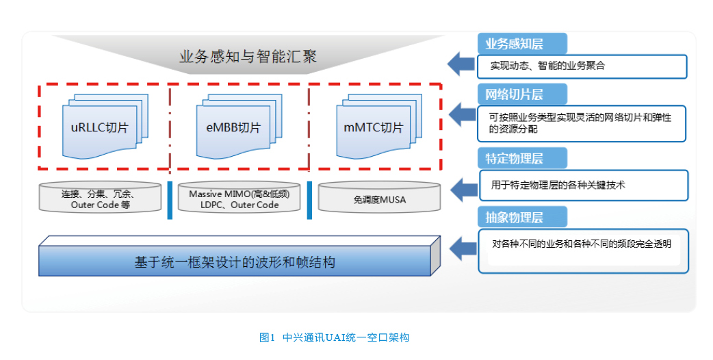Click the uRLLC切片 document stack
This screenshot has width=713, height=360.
[105, 127]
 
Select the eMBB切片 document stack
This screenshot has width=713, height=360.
[239, 127]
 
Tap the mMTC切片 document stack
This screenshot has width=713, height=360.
[379, 127]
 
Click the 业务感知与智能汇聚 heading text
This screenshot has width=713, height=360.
[248, 57]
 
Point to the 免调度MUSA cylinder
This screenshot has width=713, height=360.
[379, 197]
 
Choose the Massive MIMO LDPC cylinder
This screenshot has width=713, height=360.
[239, 197]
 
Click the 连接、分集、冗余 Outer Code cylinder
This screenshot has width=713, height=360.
[100, 197]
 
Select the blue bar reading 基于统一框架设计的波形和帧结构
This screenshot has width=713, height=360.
[239, 256]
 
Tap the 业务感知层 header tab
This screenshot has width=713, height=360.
[522, 44]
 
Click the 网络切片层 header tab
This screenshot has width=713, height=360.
[522, 94]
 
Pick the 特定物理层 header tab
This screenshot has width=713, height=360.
[522, 158]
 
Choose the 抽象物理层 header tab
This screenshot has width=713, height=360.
[522, 217]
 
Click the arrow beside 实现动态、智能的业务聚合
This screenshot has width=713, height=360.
[461, 64]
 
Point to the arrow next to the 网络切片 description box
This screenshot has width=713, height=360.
[463, 114]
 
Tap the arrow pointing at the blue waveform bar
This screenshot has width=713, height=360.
[463, 248]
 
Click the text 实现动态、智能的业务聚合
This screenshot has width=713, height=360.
[547, 66]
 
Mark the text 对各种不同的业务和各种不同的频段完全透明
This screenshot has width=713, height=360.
[582, 244]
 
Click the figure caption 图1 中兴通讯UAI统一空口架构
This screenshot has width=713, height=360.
[334, 337]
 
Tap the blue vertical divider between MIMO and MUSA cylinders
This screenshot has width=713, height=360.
[310, 201]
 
